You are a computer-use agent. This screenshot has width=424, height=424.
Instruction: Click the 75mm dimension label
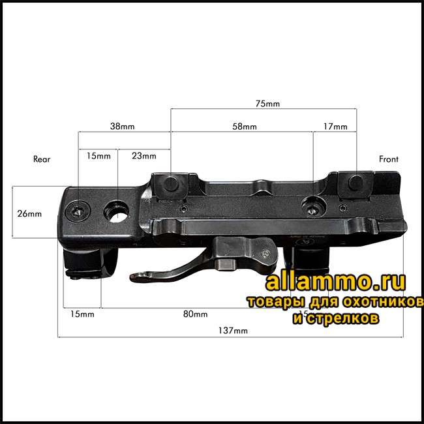click(267, 104)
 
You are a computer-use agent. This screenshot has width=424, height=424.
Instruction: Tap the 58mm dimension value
click(245, 127)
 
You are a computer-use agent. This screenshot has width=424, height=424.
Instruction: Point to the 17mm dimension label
click(335, 127)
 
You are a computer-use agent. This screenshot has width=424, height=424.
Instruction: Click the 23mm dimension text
click(144, 156)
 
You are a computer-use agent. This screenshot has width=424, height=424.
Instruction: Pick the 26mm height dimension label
click(29, 214)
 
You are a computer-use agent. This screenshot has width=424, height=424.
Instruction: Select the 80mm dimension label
click(195, 314)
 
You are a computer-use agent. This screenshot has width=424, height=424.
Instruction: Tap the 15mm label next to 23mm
click(98, 156)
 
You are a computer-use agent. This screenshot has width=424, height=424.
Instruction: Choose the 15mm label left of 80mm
click(82, 314)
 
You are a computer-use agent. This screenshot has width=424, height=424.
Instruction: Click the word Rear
click(42, 159)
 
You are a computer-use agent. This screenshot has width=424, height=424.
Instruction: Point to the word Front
click(389, 159)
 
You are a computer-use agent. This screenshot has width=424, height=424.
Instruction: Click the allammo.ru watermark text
click(335, 282)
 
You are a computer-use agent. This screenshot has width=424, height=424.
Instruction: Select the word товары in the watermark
click(269, 303)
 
